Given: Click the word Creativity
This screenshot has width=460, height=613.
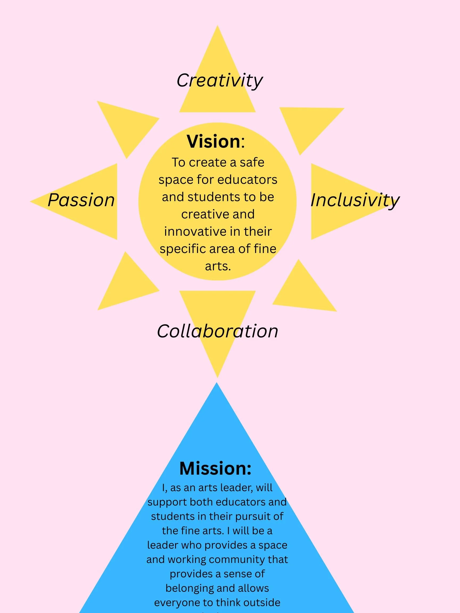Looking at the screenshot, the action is click(x=219, y=81).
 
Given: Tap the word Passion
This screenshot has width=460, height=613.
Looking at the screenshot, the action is click(x=81, y=200).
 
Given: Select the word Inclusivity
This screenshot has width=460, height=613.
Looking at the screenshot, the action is click(x=355, y=200).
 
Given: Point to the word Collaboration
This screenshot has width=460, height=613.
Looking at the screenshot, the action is click(x=217, y=331).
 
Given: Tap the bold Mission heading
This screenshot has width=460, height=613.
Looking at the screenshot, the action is click(x=215, y=468).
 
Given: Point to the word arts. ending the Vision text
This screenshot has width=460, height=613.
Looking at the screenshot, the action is click(x=218, y=266).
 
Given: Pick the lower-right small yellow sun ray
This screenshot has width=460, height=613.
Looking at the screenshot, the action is click(x=303, y=291).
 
